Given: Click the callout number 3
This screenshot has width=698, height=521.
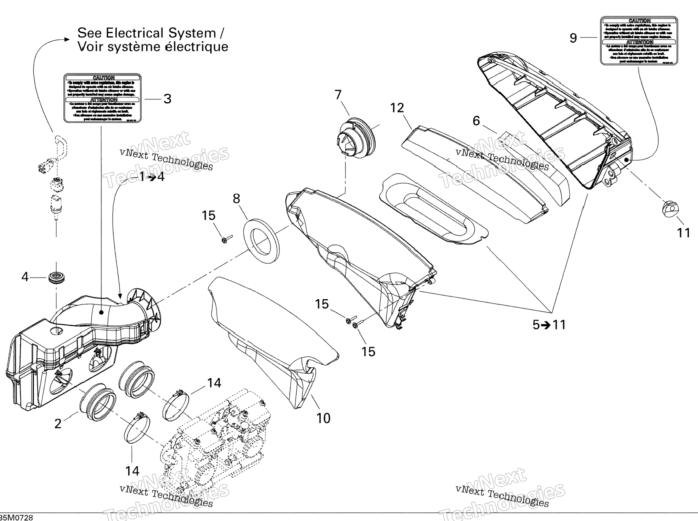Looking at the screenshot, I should coord(167,99).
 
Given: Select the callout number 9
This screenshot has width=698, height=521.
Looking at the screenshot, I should coord(573,38).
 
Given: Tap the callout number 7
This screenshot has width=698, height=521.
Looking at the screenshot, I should coord(338,95).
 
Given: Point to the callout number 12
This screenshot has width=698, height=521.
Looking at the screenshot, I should coord(397,108).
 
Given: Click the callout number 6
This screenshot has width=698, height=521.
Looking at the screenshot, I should coord(476,121).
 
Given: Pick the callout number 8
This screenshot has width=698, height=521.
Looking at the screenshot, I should coord(236,199).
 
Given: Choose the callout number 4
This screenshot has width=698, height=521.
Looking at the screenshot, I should coord(25,277).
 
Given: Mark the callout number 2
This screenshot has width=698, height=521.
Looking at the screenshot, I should coord(58,424).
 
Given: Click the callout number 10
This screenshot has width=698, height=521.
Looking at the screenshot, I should coord(323,419).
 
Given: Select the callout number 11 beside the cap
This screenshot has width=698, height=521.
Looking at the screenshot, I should coord(683,233).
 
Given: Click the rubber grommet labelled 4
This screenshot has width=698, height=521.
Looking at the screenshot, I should coord(57,277).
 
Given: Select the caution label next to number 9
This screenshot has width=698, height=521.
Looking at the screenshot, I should coord(639,41).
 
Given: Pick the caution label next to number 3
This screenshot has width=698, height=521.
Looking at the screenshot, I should coord(103,98).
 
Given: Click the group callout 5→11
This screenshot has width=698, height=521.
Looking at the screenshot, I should coord(549,325).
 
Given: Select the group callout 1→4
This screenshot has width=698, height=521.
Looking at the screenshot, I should coord(152,177).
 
